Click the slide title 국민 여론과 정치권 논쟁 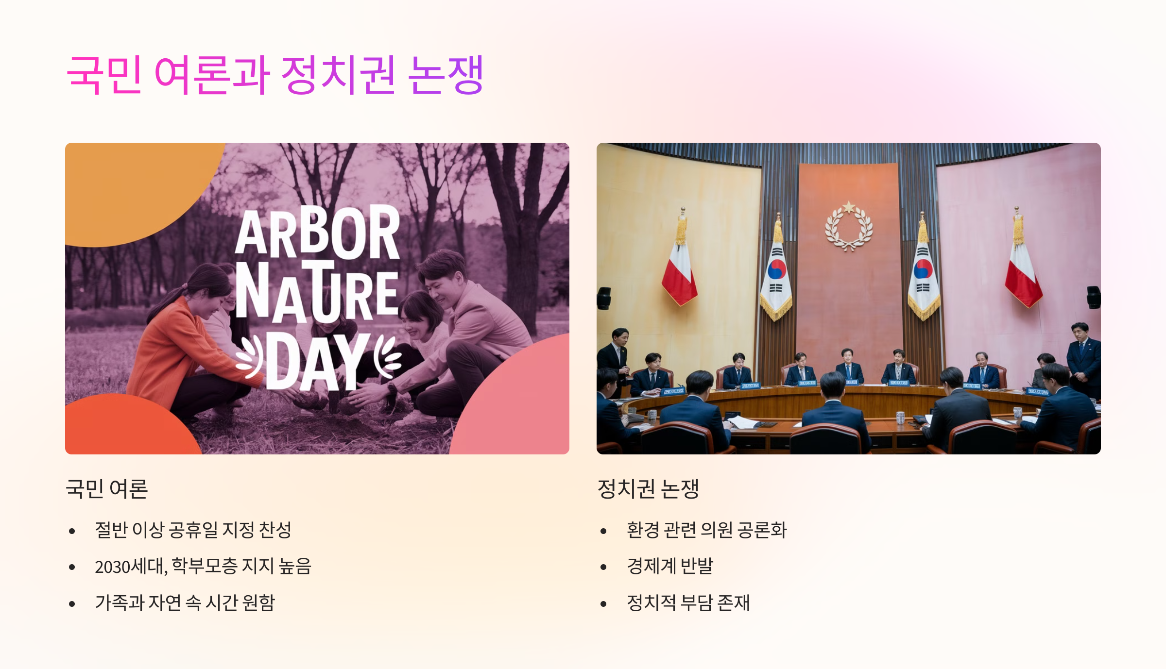point(275,75)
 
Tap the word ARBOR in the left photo point(318,232)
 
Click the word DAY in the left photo point(318,362)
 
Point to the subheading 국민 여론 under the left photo point(107,488)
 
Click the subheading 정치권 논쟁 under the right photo point(648,488)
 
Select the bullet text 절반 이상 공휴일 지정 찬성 point(193,530)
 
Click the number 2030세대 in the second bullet point(130,567)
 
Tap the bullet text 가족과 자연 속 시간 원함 point(185,603)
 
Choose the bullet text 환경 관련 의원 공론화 point(706,530)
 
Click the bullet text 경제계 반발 point(670,566)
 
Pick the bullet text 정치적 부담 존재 point(688,603)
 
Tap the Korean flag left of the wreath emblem point(776,277)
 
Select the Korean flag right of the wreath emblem point(923,277)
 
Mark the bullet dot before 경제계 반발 point(603,567)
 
